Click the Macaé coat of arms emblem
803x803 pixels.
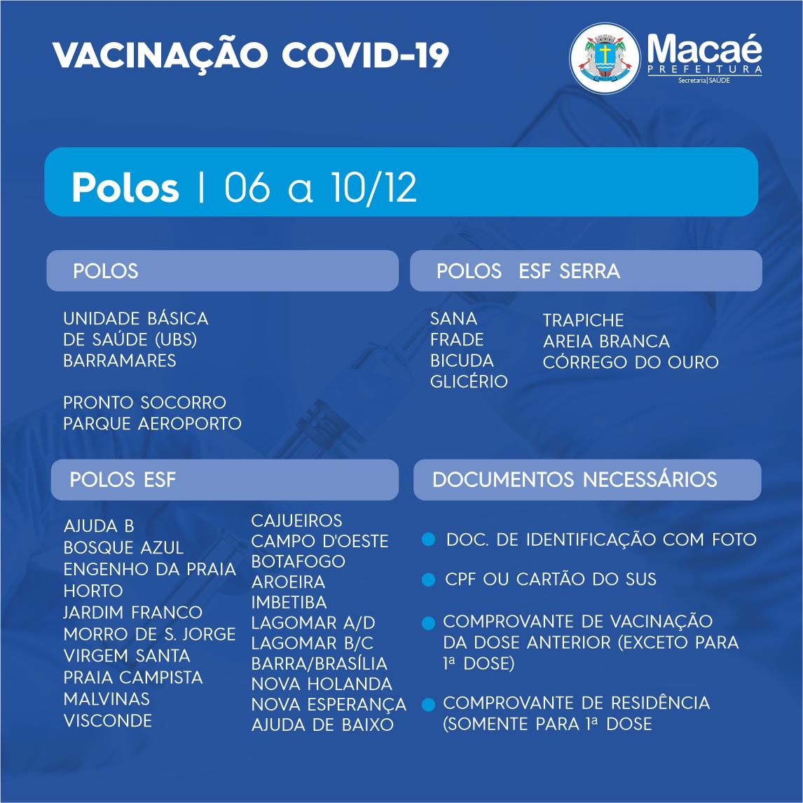(x=604, y=58)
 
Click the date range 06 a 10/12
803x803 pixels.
(x=321, y=187)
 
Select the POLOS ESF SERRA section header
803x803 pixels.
(x=528, y=271)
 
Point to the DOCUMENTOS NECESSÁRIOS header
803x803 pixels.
(x=575, y=479)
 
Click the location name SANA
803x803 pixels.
(x=454, y=319)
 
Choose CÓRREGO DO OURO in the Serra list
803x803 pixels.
(x=631, y=362)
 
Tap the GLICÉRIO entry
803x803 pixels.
(x=469, y=381)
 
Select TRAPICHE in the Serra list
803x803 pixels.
(x=583, y=320)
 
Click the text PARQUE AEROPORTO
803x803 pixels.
(x=152, y=423)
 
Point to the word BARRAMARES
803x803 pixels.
(x=119, y=361)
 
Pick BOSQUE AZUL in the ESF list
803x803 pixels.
(x=123, y=547)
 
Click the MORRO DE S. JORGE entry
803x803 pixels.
(x=149, y=634)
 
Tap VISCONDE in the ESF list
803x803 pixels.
(x=107, y=720)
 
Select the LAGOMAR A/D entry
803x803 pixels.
(x=313, y=623)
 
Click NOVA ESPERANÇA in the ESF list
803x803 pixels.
(x=329, y=705)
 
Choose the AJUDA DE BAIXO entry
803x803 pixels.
(x=322, y=725)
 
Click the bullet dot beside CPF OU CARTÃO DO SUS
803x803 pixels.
(x=428, y=579)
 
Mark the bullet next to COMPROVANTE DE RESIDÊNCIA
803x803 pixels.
(x=428, y=704)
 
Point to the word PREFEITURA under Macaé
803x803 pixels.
(x=705, y=69)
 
